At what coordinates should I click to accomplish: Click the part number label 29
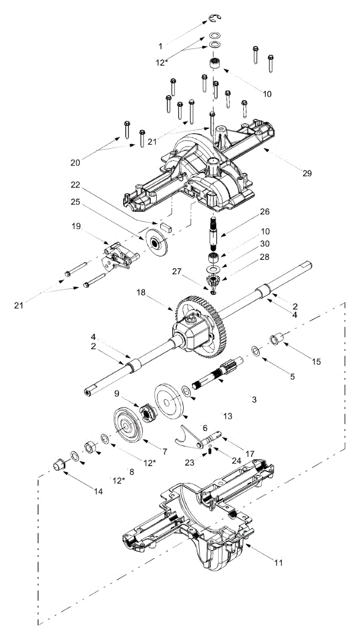(307, 173)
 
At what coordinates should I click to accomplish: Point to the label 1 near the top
(161, 46)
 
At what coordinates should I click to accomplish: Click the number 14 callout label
(98, 491)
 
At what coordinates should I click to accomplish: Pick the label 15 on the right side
(316, 361)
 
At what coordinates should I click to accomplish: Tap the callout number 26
(264, 211)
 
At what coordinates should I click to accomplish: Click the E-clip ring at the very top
(215, 20)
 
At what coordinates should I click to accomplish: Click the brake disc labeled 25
(158, 243)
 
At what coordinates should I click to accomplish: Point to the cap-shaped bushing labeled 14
(59, 463)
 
